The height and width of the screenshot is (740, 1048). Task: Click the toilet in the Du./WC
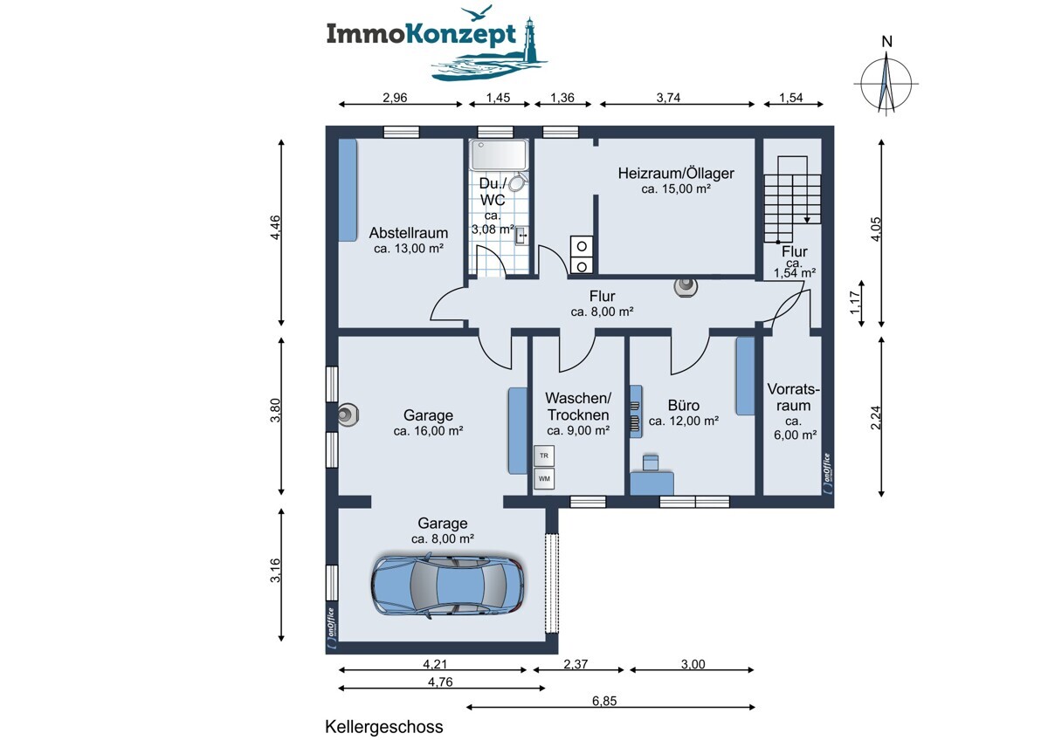pos(516,182)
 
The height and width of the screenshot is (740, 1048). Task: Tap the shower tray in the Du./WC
pos(498,155)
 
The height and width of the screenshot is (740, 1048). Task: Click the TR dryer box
pos(544,456)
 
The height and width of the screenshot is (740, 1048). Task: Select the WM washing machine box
pos(544,478)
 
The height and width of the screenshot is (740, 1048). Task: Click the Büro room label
pos(684,405)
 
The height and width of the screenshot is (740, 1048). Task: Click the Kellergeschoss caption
pos(384,726)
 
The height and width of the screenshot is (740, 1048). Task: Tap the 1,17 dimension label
pos(855,303)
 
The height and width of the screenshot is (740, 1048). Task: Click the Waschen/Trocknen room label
pos(577,406)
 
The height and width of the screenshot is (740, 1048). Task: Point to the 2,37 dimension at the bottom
pos(576,664)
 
